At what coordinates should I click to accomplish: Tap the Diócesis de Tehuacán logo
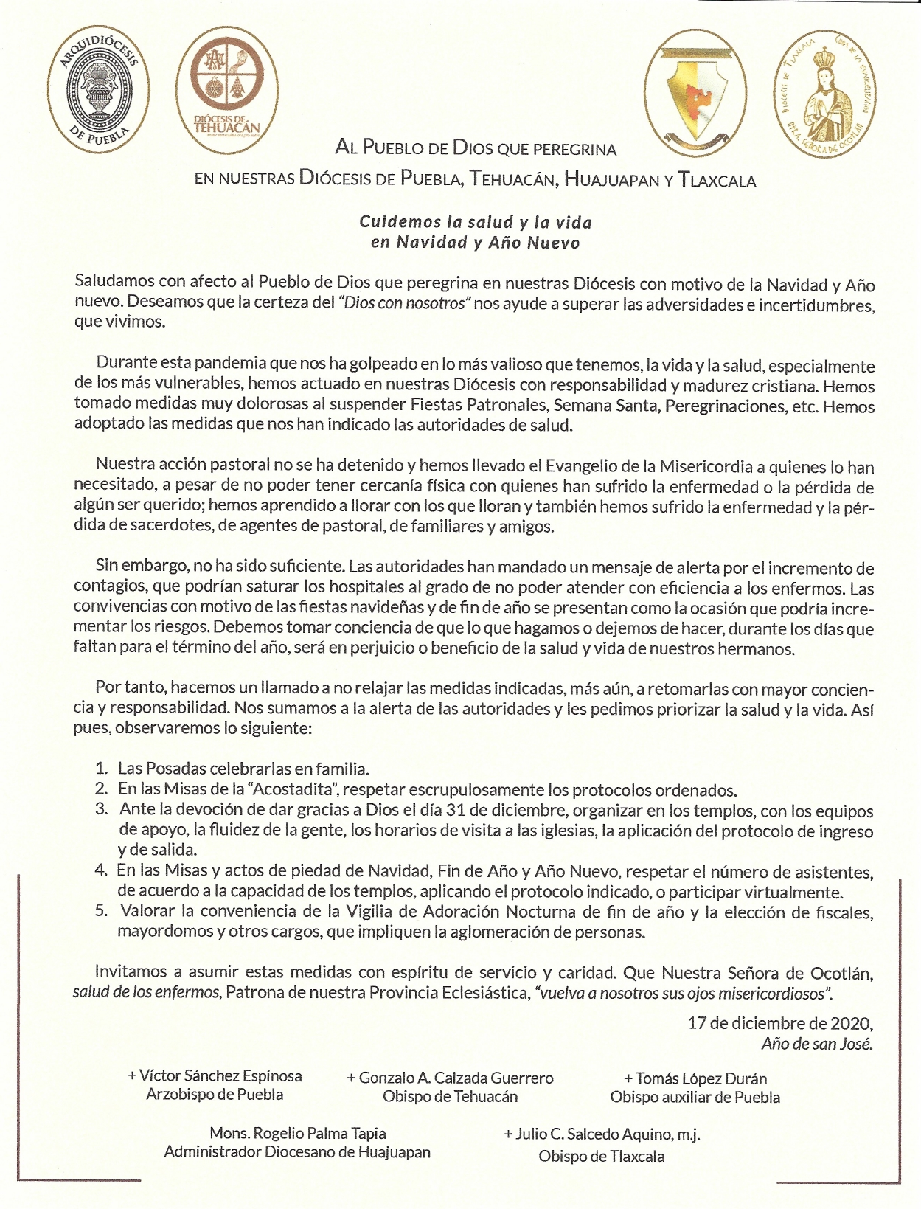pyautogui.click(x=231, y=93)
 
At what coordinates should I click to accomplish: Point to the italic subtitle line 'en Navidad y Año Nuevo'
pyautogui.click(x=475, y=243)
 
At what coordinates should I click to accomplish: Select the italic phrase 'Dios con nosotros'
pyautogui.click(x=406, y=303)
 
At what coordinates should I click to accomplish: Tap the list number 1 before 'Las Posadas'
pyautogui.click(x=102, y=769)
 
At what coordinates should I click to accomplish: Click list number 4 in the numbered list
pyautogui.click(x=101, y=870)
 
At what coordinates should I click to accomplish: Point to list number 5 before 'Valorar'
pyautogui.click(x=102, y=911)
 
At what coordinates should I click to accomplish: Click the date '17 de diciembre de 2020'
pyautogui.click(x=780, y=1023)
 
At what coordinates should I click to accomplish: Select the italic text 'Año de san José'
pyautogui.click(x=817, y=1044)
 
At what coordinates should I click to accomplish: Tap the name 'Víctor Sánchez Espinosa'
pyautogui.click(x=220, y=1075)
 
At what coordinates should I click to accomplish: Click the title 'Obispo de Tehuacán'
pyautogui.click(x=450, y=1096)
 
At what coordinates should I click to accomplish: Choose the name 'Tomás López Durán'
pyautogui.click(x=701, y=1078)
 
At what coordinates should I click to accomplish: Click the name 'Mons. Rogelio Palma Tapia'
pyautogui.click(x=297, y=1133)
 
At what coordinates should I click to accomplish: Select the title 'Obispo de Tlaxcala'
pyautogui.click(x=601, y=1156)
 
